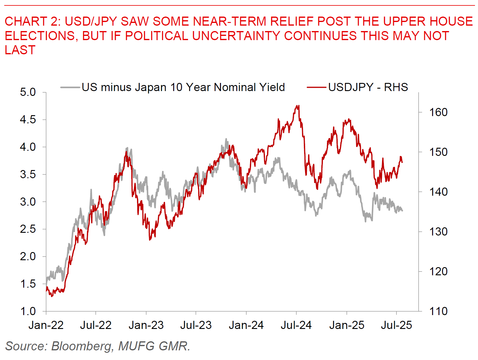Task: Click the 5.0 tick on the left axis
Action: tap(28, 92)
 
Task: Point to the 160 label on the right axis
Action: tap(438, 112)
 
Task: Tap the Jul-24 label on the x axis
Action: tap(296, 325)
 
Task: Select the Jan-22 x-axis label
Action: tap(46, 325)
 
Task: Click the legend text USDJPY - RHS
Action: tap(368, 87)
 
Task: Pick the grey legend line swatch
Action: tap(70, 87)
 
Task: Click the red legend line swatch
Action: tap(316, 87)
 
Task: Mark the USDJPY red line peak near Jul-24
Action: tap(298, 106)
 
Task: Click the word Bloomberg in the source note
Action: tap(81, 346)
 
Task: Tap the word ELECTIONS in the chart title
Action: tap(40, 36)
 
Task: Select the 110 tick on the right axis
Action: tap(438, 311)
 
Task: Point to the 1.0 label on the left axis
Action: tap(28, 311)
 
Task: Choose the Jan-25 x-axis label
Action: tap(347, 325)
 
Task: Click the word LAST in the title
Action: tap(20, 50)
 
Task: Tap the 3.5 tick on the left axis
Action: tap(28, 175)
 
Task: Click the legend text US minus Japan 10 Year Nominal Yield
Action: tap(183, 87)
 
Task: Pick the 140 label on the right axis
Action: tap(438, 192)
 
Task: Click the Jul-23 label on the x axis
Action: tap(196, 325)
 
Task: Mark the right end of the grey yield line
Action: tap(402, 210)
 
